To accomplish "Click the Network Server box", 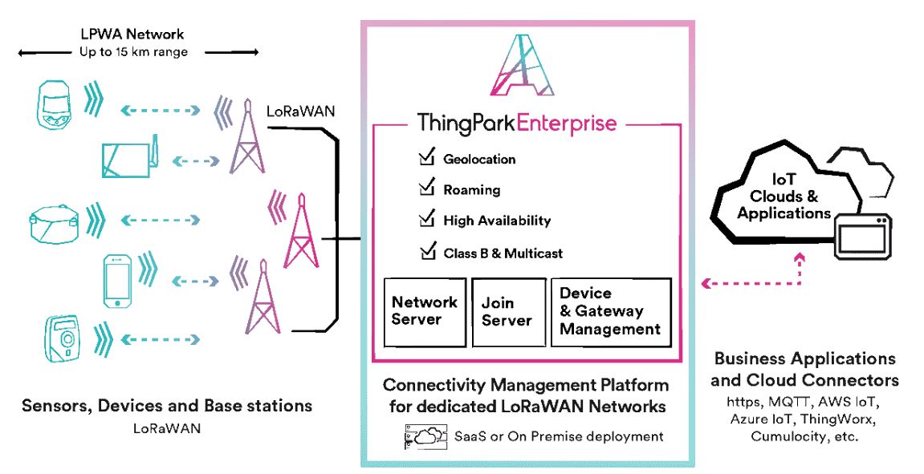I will (x=424, y=311).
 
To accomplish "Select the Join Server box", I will (x=507, y=311).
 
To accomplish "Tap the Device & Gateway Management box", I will (x=610, y=311).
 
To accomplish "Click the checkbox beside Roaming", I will (x=426, y=189).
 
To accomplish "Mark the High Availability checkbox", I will (x=426, y=219).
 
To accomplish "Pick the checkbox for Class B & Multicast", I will (x=426, y=252).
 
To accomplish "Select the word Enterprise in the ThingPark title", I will (x=567, y=124).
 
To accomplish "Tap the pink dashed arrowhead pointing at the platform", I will (x=706, y=283).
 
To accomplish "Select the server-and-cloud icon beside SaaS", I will (x=425, y=436).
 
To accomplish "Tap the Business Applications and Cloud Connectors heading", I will (x=805, y=369).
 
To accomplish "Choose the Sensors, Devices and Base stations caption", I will (x=167, y=406).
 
